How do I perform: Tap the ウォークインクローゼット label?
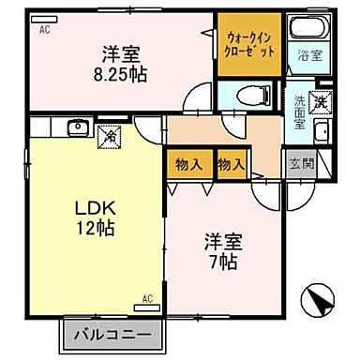249,45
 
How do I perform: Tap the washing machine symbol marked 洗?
321,100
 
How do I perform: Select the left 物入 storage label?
189,165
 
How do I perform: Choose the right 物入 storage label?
231,165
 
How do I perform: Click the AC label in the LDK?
146,299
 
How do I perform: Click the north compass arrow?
320,304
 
